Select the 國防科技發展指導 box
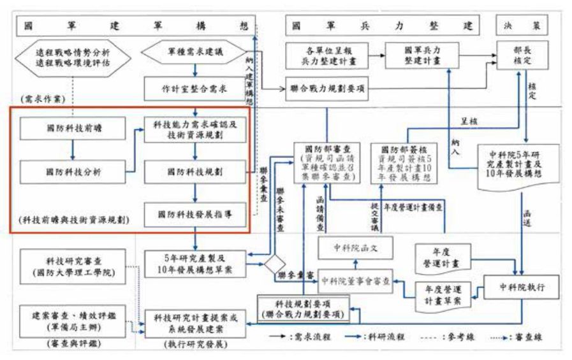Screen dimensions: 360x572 [194, 215]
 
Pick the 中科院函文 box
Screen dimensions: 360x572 [356, 247]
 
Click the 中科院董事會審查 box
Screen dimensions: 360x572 [356, 280]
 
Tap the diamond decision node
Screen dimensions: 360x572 [275, 264]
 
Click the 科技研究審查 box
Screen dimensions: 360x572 [72, 266]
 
